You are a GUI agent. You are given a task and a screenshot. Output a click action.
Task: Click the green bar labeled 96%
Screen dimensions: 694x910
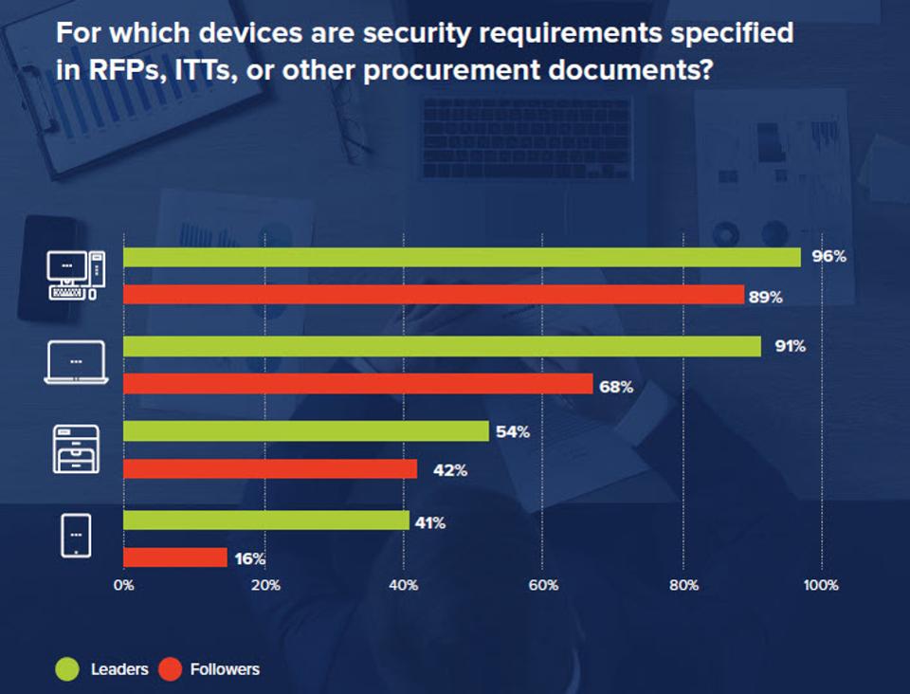point(462,257)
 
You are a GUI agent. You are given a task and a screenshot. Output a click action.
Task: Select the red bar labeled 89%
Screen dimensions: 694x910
point(433,296)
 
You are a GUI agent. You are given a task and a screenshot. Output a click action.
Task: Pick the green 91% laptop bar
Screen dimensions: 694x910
point(442,346)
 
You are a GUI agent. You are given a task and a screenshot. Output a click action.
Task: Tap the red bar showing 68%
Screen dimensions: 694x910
point(357,384)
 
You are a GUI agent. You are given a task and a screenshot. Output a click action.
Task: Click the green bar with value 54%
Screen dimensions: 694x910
point(305,431)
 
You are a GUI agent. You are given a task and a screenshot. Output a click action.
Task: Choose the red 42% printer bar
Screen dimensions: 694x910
point(270,469)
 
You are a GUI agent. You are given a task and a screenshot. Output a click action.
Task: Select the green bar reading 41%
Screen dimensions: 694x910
point(265,520)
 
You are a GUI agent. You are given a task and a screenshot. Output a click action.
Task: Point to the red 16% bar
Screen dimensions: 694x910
point(175,557)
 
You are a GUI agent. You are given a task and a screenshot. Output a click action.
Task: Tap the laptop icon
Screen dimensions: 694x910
point(75,364)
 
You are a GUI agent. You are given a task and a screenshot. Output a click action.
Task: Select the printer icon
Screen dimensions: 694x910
point(75,448)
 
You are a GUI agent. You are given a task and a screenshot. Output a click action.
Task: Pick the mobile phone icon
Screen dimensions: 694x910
point(75,536)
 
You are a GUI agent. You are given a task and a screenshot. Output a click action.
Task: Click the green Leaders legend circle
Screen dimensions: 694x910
point(66,669)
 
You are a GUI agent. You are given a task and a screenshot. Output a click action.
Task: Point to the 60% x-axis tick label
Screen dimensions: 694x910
point(542,585)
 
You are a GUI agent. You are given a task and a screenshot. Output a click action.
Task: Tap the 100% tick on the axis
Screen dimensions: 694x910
point(821,585)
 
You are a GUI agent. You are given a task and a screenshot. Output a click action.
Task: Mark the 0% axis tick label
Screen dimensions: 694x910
point(123,585)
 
